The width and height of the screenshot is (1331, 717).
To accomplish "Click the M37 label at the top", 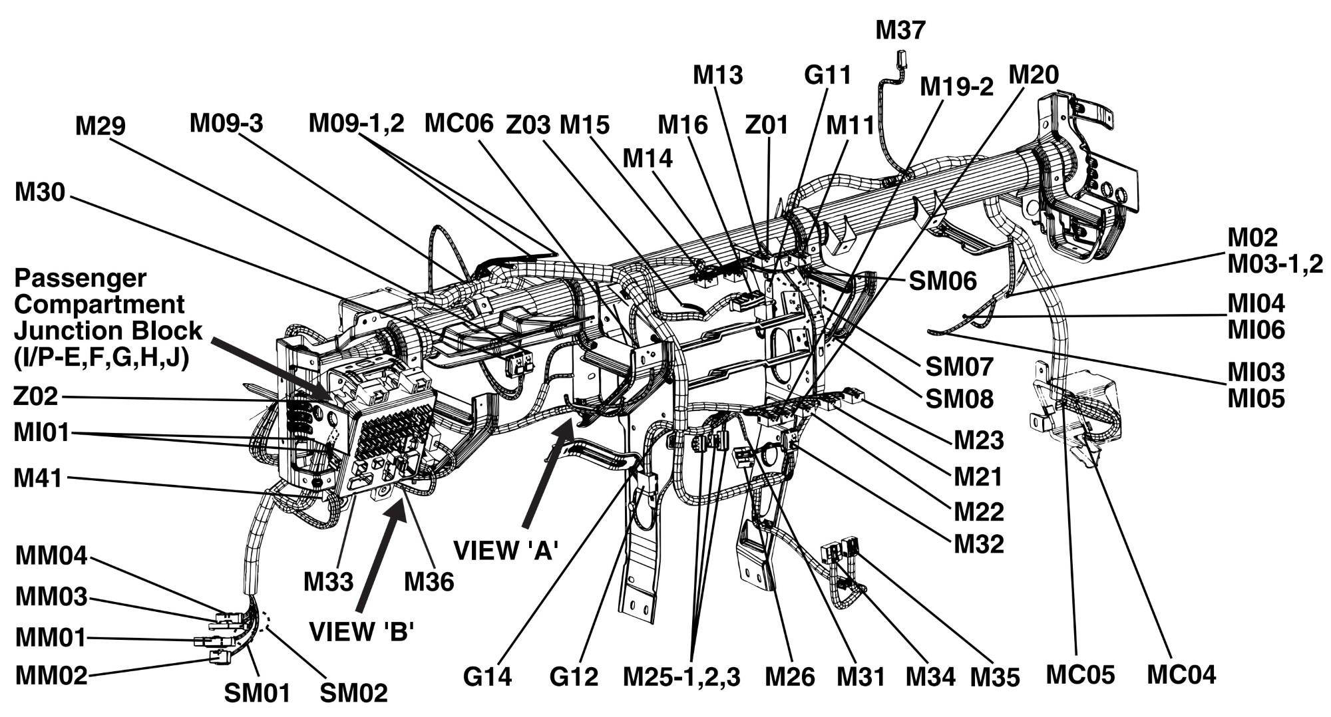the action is (900, 31).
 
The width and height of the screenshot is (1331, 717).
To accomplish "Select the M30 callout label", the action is (40, 193).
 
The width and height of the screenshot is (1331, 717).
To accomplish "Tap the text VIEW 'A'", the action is (506, 551).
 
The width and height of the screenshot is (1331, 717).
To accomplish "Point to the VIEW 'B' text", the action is (362, 631).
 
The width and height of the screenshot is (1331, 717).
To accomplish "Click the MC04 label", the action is (1181, 674).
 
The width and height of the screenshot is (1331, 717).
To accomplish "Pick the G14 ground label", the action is (488, 677).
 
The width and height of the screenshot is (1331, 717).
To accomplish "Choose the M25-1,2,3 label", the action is (681, 677).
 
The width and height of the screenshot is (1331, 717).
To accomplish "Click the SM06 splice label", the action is (943, 281).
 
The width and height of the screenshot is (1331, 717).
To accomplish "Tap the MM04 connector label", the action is (51, 556).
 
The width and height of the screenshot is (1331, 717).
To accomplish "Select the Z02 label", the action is (36, 397).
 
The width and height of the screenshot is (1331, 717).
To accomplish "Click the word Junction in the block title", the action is (108, 331).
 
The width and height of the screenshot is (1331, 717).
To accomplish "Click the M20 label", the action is (1034, 75).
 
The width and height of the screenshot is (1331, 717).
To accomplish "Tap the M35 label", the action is (995, 677).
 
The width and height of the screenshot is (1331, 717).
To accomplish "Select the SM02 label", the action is (353, 693).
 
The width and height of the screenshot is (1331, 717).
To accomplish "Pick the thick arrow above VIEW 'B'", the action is (380, 556).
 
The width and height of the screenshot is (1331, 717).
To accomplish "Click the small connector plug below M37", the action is (901, 59).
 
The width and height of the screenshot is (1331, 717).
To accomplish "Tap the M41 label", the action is (38, 478).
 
